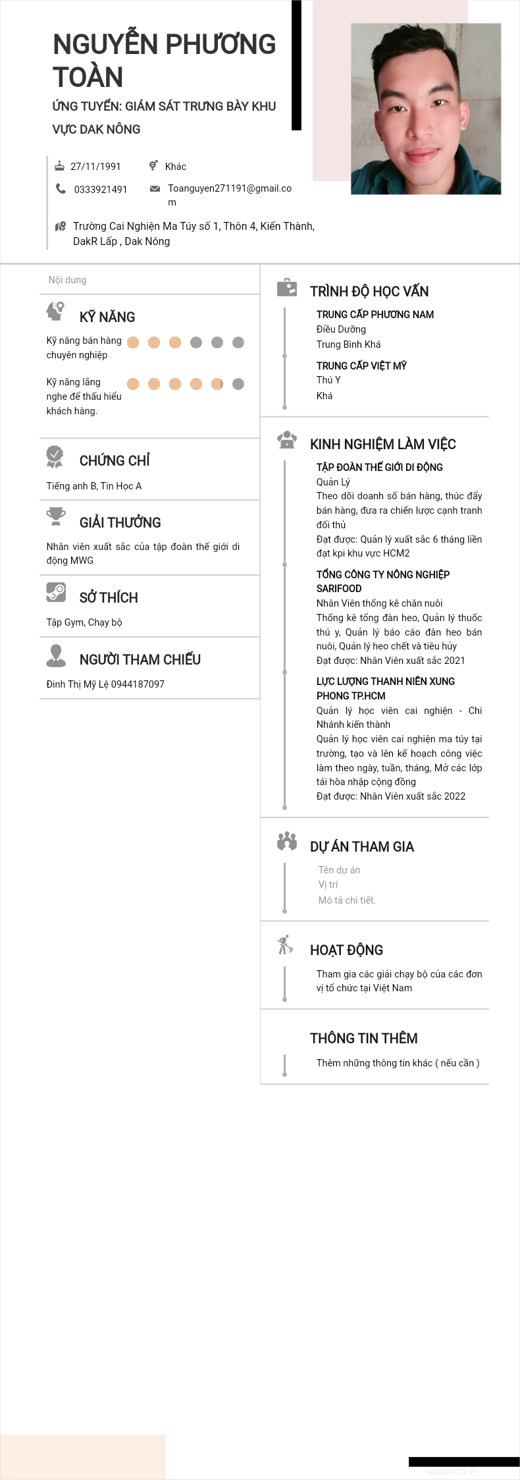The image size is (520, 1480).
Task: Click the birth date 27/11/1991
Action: (95, 167)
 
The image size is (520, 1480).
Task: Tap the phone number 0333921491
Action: (100, 190)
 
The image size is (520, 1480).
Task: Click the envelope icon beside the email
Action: (155, 189)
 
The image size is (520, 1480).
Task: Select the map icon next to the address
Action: (61, 227)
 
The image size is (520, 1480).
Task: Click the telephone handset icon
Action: (61, 189)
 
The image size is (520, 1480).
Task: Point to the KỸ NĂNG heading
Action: (107, 317)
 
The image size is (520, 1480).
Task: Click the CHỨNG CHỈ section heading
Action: (115, 461)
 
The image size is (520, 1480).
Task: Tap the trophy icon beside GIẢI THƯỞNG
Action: (56, 516)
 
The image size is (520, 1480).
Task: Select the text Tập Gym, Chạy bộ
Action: (84, 622)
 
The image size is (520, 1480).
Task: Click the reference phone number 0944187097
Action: (138, 684)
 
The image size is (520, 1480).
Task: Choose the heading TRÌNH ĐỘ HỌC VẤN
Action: (369, 292)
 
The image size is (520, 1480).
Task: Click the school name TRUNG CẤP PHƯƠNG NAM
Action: (375, 315)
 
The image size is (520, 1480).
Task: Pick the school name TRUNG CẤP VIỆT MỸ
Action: (361, 366)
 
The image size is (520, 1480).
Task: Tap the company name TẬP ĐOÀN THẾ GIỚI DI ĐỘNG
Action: (380, 468)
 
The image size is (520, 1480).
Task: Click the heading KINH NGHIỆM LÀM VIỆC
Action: (383, 445)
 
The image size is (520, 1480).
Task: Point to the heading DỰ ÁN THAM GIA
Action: (362, 847)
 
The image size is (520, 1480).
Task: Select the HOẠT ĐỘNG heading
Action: (346, 950)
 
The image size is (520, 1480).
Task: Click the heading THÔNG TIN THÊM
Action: (364, 1039)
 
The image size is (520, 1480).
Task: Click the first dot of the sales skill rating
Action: (133, 343)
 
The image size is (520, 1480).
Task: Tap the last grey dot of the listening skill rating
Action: (238, 384)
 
